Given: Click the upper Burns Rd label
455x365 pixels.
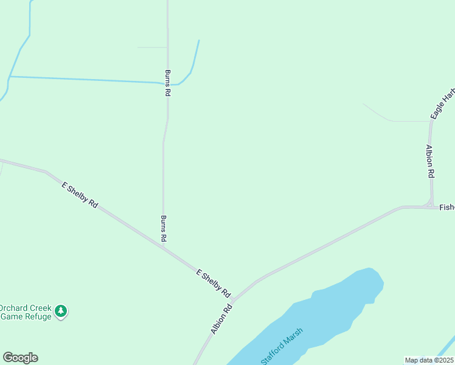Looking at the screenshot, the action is tap(167, 83).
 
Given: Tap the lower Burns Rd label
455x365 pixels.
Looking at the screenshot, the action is tap(163, 229).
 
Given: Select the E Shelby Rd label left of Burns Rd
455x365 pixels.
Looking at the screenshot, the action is tap(80, 195).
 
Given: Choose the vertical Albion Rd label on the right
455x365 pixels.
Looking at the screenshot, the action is tap(431, 161).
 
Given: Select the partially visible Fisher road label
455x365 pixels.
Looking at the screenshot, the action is tap(446, 207).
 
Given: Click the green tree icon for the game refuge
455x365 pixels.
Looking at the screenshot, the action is tap(60, 311).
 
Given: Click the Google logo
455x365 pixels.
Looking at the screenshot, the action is tap(20, 358).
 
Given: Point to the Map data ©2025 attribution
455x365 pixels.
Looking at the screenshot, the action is tap(429, 360).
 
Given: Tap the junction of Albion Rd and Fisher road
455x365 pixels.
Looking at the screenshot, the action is tap(431, 207).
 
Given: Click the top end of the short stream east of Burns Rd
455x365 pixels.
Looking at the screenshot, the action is tap(199, 41).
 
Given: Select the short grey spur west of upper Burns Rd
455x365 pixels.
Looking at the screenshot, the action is tap(152, 47).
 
